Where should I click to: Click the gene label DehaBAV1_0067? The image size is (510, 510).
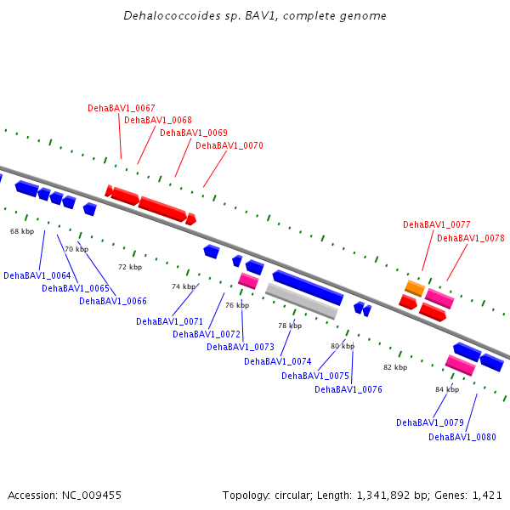coord(122,108)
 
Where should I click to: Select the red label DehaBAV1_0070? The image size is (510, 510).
coord(229,145)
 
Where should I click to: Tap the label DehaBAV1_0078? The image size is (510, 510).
coord(471,238)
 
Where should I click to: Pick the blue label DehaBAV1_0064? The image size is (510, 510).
coord(37,275)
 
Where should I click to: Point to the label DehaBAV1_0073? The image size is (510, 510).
coord(241,347)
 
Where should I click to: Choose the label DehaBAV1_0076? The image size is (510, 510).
coord(348,389)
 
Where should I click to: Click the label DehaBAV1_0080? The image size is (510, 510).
coord(462,437)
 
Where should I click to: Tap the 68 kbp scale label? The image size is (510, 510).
coord(22,231)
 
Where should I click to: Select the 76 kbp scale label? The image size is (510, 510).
coord(237,305)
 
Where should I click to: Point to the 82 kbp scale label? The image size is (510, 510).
coord(395,367)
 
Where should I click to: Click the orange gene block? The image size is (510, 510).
coord(415,288)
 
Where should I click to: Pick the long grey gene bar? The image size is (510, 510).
coord(302,301)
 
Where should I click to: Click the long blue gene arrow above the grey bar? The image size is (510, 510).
coord(308,287)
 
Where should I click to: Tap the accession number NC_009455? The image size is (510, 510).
coord(92,496)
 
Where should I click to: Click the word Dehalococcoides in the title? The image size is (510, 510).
coord(172,15)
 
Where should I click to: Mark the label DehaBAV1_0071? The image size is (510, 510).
coord(169,321)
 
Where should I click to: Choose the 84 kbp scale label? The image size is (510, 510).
coord(447,389)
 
